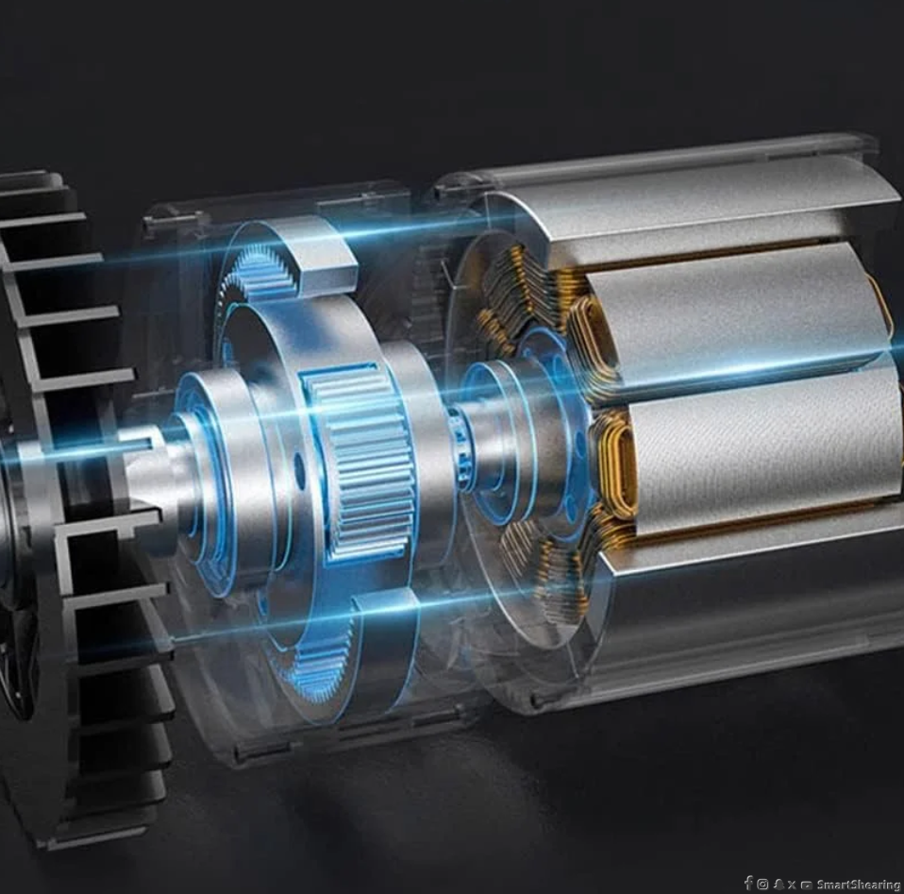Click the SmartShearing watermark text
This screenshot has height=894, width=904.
pyautogui.click(x=859, y=885)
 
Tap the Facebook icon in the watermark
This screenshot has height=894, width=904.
pyautogui.click(x=748, y=883)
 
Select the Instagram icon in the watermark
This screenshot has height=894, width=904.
pyautogui.click(x=762, y=885)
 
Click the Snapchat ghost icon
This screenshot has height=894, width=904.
pyautogui.click(x=778, y=885)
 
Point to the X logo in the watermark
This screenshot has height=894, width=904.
pyautogui.click(x=792, y=885)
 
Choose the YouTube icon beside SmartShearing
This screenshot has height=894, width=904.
pyautogui.click(x=807, y=885)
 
